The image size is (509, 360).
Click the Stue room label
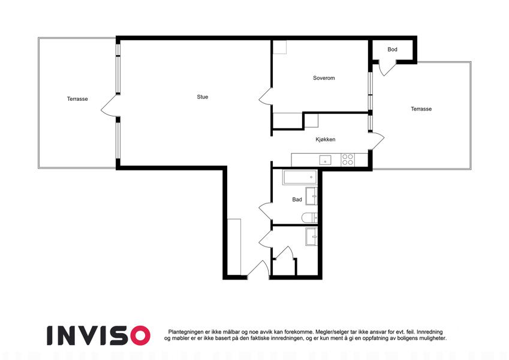pos(202,97)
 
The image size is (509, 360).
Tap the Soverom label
pos(324,78)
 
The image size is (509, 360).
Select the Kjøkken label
pos(326,139)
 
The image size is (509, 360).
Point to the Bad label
pos(297,199)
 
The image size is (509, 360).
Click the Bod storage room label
pos(392,49)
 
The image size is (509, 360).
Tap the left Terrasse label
pos(77,99)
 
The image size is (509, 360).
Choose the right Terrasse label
pos(421,109)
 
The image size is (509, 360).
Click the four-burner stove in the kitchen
pos(348,160)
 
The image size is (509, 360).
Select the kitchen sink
pos(325,160)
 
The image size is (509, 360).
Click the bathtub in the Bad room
pos(300,177)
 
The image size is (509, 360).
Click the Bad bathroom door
pos(266,211)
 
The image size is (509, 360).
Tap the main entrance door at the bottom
pos(258,269)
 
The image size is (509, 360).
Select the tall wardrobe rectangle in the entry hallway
pos(234,247)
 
